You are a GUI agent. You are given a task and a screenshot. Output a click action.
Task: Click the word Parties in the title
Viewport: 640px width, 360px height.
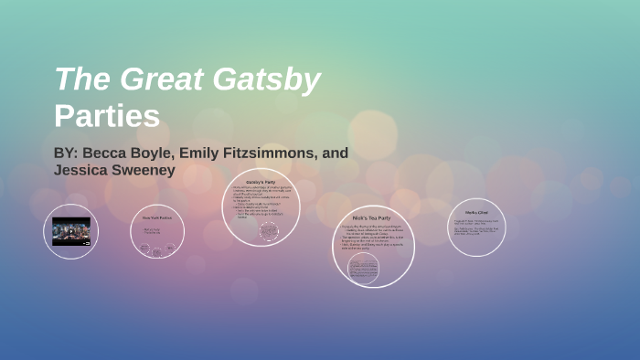click(107, 117)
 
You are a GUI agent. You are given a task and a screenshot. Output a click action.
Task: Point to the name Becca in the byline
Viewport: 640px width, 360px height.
click(108, 153)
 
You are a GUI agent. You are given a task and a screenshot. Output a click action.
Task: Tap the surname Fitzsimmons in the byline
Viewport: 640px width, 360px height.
click(276, 153)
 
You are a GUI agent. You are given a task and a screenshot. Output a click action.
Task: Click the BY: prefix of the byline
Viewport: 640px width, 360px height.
click(67, 153)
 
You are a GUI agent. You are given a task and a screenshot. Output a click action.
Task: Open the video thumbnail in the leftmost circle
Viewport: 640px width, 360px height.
click(70, 231)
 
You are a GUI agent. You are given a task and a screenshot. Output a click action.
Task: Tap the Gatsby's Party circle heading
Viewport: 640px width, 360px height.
click(261, 183)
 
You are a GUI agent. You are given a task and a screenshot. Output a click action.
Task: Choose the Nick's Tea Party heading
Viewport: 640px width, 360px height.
click(371, 218)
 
